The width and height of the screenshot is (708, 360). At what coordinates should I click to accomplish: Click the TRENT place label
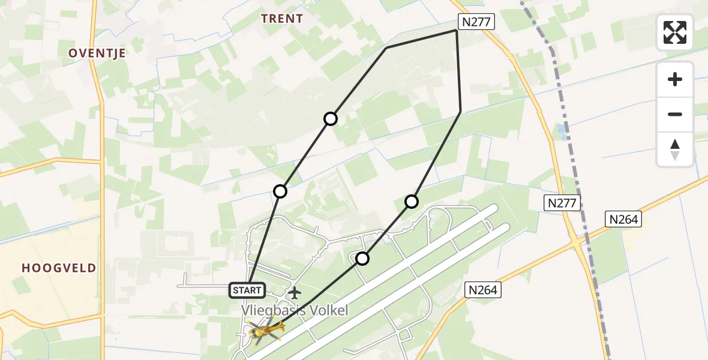click(x=281, y=19)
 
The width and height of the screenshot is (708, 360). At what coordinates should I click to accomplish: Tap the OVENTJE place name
click(x=97, y=53)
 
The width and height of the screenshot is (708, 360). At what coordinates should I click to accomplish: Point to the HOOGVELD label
click(x=59, y=268)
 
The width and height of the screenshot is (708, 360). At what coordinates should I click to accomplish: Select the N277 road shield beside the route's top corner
click(x=476, y=22)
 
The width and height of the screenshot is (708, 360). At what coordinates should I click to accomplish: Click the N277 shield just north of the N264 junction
click(x=562, y=203)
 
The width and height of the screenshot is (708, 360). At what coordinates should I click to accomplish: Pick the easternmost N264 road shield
click(x=623, y=220)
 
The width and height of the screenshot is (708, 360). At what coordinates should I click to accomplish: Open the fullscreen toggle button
click(x=675, y=32)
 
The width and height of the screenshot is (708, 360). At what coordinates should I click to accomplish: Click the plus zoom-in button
click(x=675, y=79)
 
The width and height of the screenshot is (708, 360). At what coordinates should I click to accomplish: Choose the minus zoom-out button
click(x=675, y=114)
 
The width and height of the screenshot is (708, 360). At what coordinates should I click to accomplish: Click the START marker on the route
click(x=247, y=290)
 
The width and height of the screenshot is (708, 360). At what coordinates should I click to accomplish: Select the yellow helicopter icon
click(x=265, y=329)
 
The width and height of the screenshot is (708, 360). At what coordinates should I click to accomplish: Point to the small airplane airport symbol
click(x=294, y=293)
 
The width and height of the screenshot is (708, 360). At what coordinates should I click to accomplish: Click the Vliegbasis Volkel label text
click(x=295, y=310)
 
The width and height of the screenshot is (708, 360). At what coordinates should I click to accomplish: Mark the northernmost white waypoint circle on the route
click(x=331, y=119)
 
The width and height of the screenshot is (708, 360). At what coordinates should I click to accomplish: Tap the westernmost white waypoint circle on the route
click(x=280, y=191)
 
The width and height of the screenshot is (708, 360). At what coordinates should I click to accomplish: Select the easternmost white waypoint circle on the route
click(x=411, y=202)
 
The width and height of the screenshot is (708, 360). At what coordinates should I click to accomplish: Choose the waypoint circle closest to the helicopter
click(x=362, y=259)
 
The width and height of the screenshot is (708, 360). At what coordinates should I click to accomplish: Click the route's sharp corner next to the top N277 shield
click(x=457, y=31)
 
